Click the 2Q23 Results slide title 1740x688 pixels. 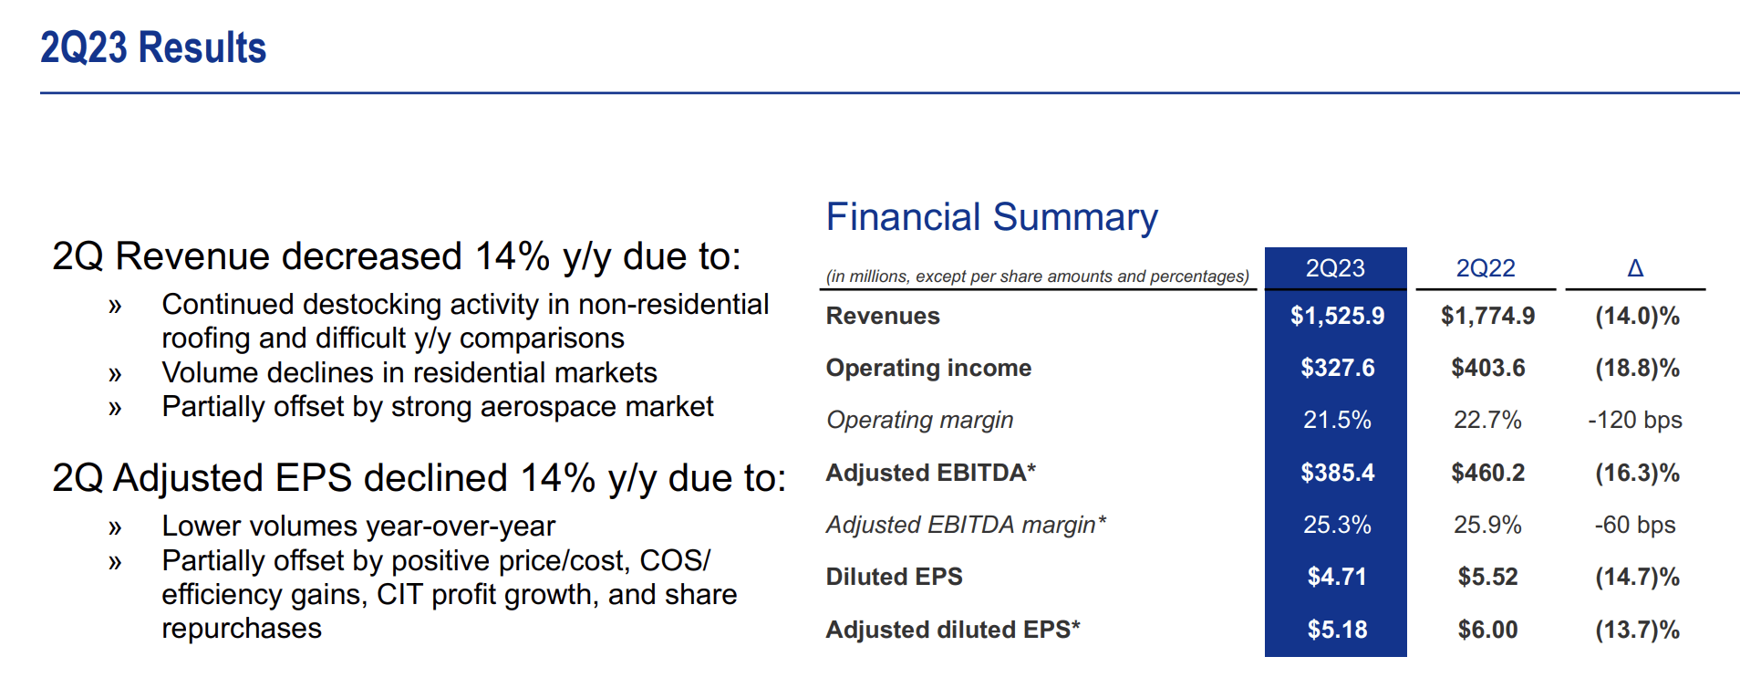pos(153,47)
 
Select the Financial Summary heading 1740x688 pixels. pos(991,217)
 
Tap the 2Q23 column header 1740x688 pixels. pos(1335,268)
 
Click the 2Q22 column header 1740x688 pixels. pos(1486,268)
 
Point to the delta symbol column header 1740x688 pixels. pos(1635,268)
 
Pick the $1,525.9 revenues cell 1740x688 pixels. pos(1337,316)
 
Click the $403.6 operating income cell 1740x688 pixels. pos(1488,368)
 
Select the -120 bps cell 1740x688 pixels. pos(1635,420)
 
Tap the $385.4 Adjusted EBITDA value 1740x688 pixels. pos(1337,473)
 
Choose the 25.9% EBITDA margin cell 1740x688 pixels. pos(1487,525)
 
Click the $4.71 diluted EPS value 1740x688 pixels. pos(1337,577)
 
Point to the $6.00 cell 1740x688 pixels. pos(1488,630)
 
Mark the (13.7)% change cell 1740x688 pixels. pos(1638,630)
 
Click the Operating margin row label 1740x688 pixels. pos(919,420)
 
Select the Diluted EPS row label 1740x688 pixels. pos(894,577)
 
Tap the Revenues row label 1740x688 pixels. pos(883,316)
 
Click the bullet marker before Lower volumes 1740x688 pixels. pos(115,527)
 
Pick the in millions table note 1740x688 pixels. pos(1038,276)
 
